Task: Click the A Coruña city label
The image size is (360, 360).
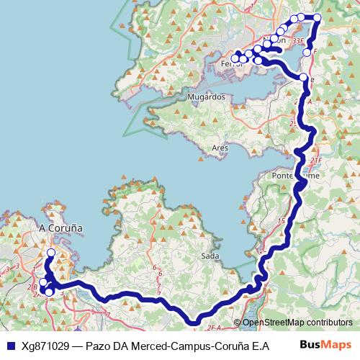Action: [x=60, y=228]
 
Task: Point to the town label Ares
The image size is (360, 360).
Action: [x=220, y=148]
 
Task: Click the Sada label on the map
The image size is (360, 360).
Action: [x=210, y=256]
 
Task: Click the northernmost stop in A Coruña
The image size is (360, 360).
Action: [x=51, y=253]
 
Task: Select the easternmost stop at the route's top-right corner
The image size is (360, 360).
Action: [x=318, y=17]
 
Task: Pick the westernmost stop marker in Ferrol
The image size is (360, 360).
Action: [x=235, y=58]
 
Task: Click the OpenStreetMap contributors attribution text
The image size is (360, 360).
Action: [x=300, y=323]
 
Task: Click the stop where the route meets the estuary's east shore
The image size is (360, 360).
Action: [x=302, y=78]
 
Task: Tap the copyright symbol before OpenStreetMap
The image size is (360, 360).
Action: [x=237, y=323]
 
